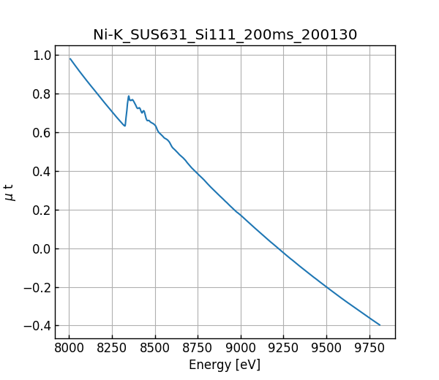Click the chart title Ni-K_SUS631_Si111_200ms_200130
pos(225,35)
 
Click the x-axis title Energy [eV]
pos(225,365)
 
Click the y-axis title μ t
pos(10,192)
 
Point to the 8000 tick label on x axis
pos(70,348)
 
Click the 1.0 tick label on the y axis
pos(42,56)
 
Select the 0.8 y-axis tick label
pos(42,94)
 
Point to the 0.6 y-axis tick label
pos(42,133)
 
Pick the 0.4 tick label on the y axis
pos(42,172)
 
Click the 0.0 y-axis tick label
pos(42,249)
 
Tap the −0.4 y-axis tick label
pos(37,326)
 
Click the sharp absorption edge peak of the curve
pos(129,96)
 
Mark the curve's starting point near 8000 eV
pos(70,59)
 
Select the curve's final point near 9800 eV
pos(380,324)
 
